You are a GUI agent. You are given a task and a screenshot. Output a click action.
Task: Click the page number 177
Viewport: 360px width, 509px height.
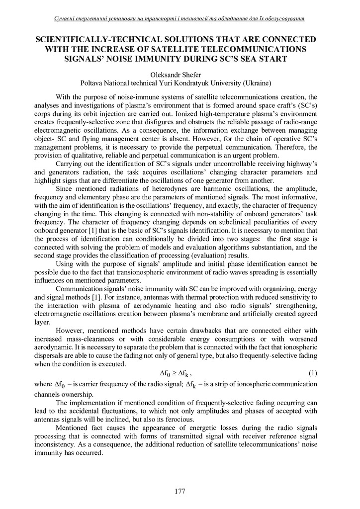[180, 492]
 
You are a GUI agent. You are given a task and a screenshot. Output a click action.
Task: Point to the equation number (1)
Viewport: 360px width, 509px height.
[313, 373]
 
